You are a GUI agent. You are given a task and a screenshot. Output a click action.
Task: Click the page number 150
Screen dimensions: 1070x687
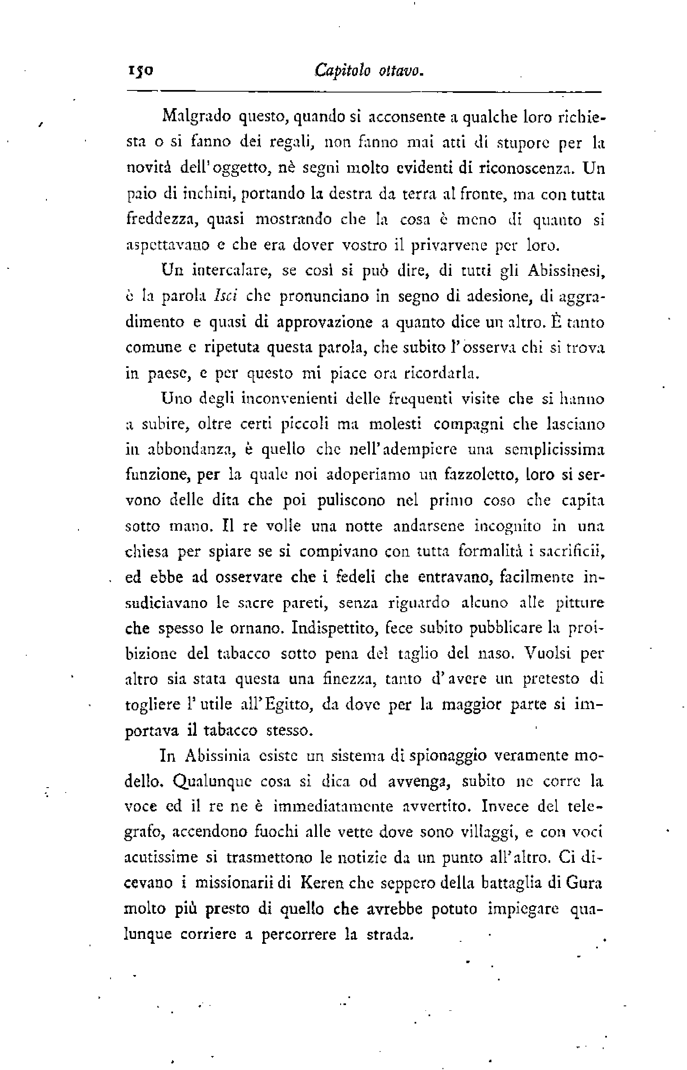[x=141, y=71]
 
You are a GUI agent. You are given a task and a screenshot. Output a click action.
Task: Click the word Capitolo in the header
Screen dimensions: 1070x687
[x=342, y=71]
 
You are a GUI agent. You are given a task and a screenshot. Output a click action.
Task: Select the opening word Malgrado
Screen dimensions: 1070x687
[x=197, y=116]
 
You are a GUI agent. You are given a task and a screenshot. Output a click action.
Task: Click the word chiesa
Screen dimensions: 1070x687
[x=146, y=552]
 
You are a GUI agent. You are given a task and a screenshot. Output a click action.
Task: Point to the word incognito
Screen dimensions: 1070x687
[x=507, y=527]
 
